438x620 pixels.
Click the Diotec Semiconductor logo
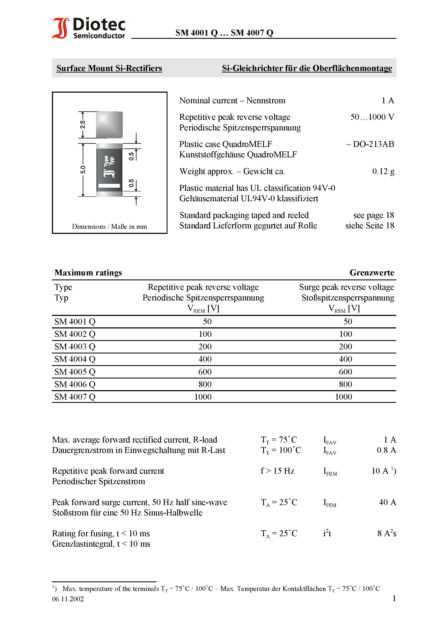click(89, 28)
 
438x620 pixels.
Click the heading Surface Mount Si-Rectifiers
click(109, 68)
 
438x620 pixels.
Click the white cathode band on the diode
click(109, 186)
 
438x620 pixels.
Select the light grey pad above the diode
click(109, 125)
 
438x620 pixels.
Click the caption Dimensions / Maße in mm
click(109, 226)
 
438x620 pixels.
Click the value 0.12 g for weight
click(383, 172)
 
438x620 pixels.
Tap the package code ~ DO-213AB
click(370, 144)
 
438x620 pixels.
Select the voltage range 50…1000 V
click(372, 117)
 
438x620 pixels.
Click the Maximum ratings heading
click(88, 273)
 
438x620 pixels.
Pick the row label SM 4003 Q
click(75, 347)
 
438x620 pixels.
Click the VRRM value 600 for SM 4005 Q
click(205, 372)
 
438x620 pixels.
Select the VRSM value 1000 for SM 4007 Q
click(343, 397)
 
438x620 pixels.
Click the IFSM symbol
click(330, 503)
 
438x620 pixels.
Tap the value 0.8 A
click(386, 450)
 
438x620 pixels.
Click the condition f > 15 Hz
click(277, 471)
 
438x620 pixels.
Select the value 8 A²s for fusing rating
click(387, 533)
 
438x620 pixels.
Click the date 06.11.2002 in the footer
click(68, 599)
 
